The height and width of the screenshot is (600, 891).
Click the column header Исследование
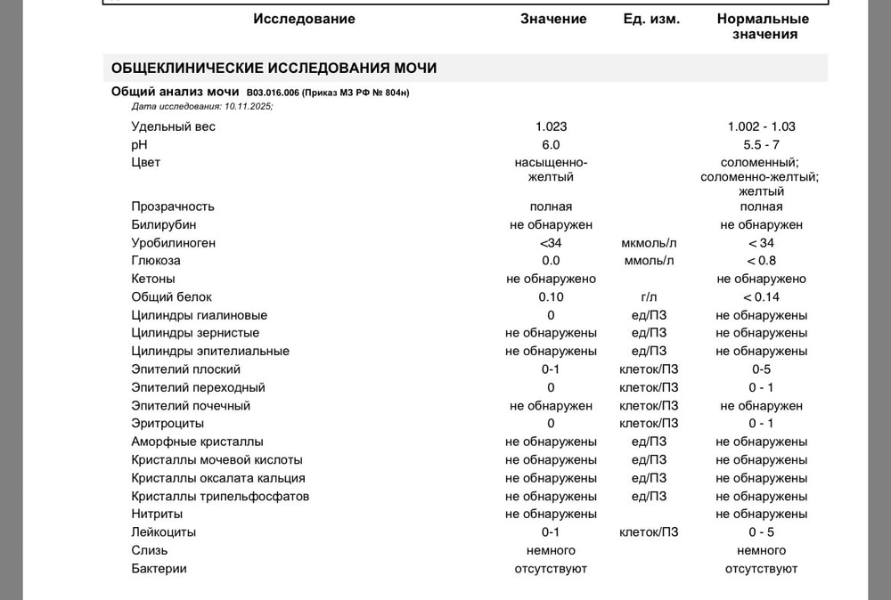coord(304,19)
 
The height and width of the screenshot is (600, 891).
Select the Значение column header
coord(553,19)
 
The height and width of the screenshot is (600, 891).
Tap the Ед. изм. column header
coord(651,19)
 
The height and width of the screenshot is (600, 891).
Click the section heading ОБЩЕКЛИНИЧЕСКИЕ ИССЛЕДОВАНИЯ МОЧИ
coord(274,69)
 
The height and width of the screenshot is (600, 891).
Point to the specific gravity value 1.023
coord(551,126)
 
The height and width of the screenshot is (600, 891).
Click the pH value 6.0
coord(551,144)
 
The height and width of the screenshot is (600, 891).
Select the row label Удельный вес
coord(173,126)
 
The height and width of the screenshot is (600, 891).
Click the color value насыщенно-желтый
coord(551,170)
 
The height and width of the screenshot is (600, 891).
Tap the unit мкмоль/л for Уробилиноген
coord(649,243)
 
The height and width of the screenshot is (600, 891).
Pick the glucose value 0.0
coord(551,261)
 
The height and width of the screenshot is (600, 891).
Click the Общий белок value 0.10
coord(551,297)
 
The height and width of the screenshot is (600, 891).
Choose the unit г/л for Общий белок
coord(649,297)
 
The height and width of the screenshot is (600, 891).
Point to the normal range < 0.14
coord(761,297)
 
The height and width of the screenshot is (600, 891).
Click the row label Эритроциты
coord(168,424)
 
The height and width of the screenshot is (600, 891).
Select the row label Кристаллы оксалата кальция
coord(217,478)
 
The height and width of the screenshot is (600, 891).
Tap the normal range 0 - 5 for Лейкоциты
coord(761,532)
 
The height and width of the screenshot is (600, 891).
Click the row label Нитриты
coord(157,515)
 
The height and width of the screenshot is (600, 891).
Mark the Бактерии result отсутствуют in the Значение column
coord(551,569)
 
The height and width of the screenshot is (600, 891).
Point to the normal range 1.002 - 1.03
coord(761,126)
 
